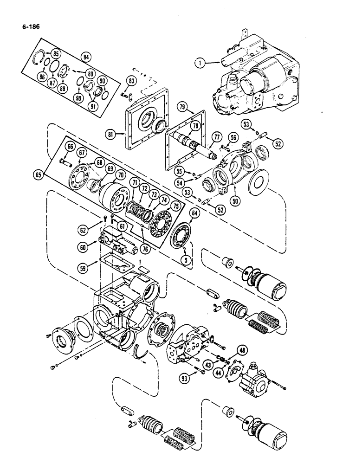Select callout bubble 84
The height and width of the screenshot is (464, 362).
coord(85,57)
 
